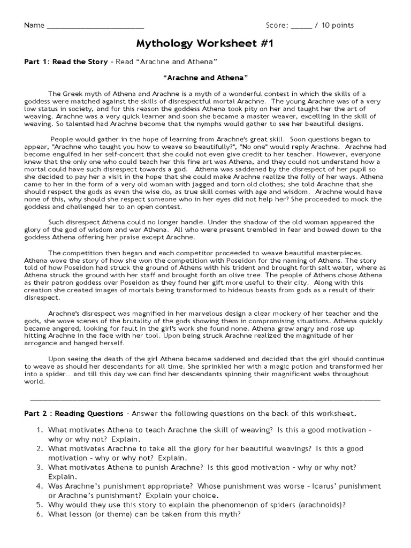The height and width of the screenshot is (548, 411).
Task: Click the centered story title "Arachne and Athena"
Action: pos(205,78)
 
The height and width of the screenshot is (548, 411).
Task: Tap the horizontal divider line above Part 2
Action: pos(205,399)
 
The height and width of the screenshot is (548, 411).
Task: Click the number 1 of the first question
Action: pos(39,430)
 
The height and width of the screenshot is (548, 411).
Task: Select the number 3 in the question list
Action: pos(39,467)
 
